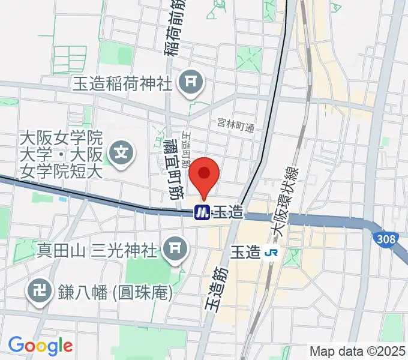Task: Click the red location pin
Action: point(204,175)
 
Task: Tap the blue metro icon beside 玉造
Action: point(202,212)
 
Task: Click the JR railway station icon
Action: point(272,253)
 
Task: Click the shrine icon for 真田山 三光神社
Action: point(176,247)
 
